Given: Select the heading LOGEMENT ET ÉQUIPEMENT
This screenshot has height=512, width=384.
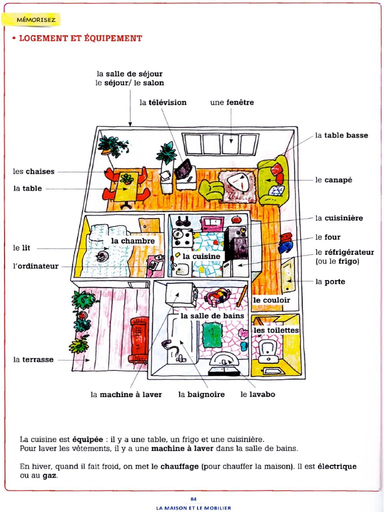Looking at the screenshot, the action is (80, 38).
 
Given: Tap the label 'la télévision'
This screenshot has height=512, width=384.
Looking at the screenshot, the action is (163, 102).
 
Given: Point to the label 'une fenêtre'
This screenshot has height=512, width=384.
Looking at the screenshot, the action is (232, 102).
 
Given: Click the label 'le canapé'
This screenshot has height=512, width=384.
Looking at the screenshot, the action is (333, 180).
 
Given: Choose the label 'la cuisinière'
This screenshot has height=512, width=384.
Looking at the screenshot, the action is (339, 218).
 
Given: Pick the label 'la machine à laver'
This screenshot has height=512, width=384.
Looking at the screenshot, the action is (126, 394).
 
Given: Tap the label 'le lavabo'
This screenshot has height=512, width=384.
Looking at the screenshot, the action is (257, 394).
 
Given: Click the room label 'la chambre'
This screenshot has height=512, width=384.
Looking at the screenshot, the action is (133, 241).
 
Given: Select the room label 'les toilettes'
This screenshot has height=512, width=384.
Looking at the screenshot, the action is (276, 330).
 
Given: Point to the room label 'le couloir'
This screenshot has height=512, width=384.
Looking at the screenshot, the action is (271, 300).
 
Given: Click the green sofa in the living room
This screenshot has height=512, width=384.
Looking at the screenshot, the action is (273, 180).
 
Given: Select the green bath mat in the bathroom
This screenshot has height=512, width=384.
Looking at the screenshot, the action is (212, 335).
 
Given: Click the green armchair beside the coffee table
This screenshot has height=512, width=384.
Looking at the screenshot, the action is (211, 189).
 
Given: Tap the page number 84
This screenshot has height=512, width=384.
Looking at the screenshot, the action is (193, 498).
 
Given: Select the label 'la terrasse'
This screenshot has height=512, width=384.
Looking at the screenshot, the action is (33, 359).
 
